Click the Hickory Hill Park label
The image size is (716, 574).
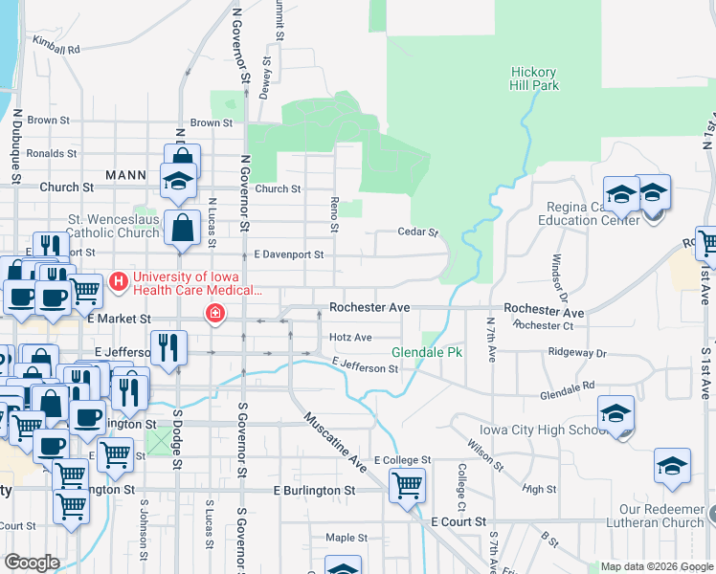(x=534, y=77)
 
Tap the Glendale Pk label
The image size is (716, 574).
(x=427, y=353)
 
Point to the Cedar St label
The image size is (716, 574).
(x=418, y=232)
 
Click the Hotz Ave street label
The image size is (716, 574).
(x=349, y=338)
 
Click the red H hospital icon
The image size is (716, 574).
(x=119, y=281)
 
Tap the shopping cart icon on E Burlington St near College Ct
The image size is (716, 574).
(x=408, y=485)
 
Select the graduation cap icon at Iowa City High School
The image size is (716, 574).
(x=615, y=413)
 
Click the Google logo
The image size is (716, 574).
(x=33, y=562)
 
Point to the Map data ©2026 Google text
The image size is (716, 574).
(x=655, y=566)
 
